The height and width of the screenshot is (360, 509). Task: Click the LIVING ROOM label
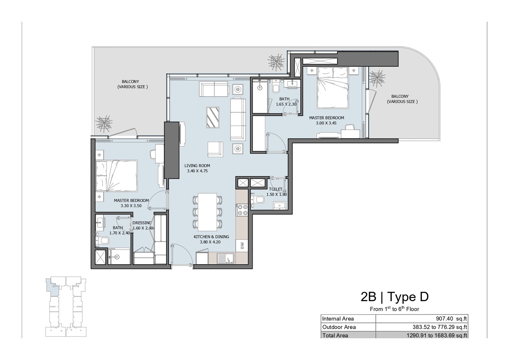pos(197,166)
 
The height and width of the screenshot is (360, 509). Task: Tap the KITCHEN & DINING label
pos(211,237)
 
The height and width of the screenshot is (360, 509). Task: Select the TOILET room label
pos(275,189)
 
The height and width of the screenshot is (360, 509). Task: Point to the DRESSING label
pos(142,223)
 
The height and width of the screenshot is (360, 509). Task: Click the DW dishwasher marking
pos(242,246)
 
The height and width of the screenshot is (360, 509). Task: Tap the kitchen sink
pos(226,258)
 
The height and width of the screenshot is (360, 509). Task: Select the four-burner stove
pos(242,210)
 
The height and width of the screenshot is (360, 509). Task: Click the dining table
pos(207,212)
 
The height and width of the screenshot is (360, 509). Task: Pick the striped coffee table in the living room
pos(213,117)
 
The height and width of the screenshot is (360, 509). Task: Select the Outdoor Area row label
pos(339,327)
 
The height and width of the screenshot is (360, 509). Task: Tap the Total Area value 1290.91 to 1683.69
pos(437,336)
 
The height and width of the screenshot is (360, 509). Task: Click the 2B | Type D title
pos(395,297)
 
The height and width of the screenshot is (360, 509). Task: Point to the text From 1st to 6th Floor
pos(394,309)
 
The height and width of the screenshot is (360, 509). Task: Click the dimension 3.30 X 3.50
pos(131,206)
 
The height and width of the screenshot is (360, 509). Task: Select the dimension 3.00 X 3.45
pos(326,123)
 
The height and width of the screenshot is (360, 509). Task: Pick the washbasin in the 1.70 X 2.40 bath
pos(100,222)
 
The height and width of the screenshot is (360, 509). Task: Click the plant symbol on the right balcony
pos(377,79)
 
